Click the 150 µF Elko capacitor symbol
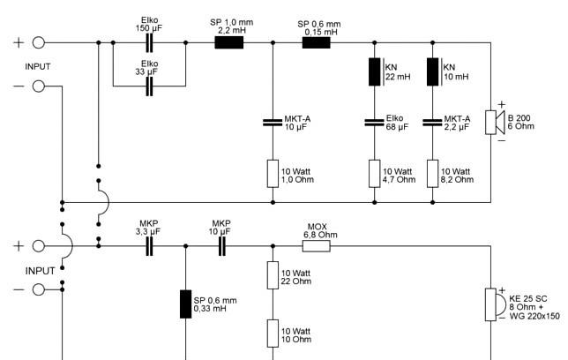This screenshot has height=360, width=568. (149, 42)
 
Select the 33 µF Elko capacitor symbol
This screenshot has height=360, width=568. (149, 86)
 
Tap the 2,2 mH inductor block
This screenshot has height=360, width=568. (229, 42)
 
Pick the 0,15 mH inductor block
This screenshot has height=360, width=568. (317, 42)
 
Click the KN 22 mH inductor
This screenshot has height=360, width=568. (375, 71)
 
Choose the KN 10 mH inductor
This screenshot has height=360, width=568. (432, 71)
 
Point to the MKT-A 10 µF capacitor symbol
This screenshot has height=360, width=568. (273, 123)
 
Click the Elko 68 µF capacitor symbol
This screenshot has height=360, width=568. (375, 123)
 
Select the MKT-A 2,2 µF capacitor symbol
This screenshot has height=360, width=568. (432, 123)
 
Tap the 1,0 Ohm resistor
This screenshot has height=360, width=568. (273, 174)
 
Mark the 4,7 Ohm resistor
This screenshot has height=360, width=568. (375, 174)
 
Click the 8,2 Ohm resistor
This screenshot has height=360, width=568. (432, 174)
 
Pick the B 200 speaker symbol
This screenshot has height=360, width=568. (495, 123)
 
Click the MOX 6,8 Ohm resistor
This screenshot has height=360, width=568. (317, 246)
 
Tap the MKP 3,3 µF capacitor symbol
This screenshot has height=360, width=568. (149, 246)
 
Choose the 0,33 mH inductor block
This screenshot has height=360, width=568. (186, 304)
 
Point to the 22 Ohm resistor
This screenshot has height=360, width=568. (273, 275)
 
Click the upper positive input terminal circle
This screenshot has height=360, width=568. (39, 42)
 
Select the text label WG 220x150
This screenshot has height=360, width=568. (534, 316)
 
